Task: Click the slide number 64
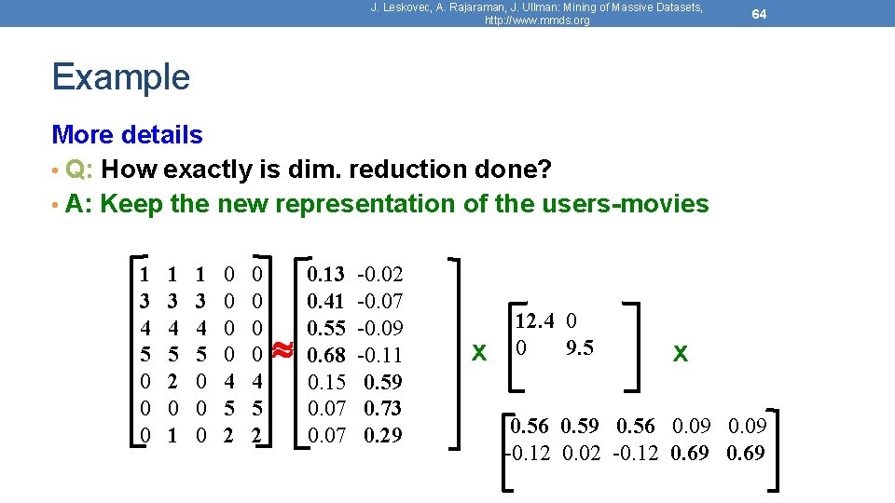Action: pyautogui.click(x=760, y=14)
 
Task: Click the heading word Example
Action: pyautogui.click(x=121, y=76)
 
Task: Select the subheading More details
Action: pyautogui.click(x=128, y=135)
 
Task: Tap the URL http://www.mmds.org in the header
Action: pyautogui.click(x=537, y=20)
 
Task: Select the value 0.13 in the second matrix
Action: pyautogui.click(x=325, y=274)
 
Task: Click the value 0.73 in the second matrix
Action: pyautogui.click(x=383, y=408)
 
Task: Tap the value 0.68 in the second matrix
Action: pyautogui.click(x=325, y=355)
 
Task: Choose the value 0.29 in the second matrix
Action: pyautogui.click(x=383, y=435)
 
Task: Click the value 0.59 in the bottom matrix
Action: pyautogui.click(x=582, y=427)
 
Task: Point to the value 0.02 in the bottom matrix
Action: pyautogui.click(x=582, y=454)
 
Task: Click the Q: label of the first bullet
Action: pyautogui.click(x=80, y=170)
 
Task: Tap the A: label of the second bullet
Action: pyautogui.click(x=80, y=204)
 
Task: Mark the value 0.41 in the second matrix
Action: pyautogui.click(x=325, y=301)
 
